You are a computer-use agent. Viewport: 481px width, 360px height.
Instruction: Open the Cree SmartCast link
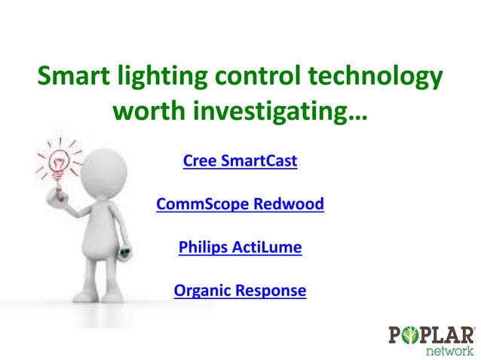coord(240,161)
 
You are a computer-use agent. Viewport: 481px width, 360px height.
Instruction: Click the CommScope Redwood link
coord(240,204)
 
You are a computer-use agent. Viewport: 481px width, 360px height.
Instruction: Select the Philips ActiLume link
coord(240,247)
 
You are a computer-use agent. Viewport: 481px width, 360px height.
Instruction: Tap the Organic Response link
coord(240,290)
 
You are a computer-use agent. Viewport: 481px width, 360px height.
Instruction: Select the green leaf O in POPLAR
coord(411,334)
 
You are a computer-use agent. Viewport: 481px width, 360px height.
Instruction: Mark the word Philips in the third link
coord(202,247)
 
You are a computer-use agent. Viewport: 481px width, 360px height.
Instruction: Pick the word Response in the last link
coord(271,290)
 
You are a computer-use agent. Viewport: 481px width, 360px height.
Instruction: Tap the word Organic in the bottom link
coord(202,290)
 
